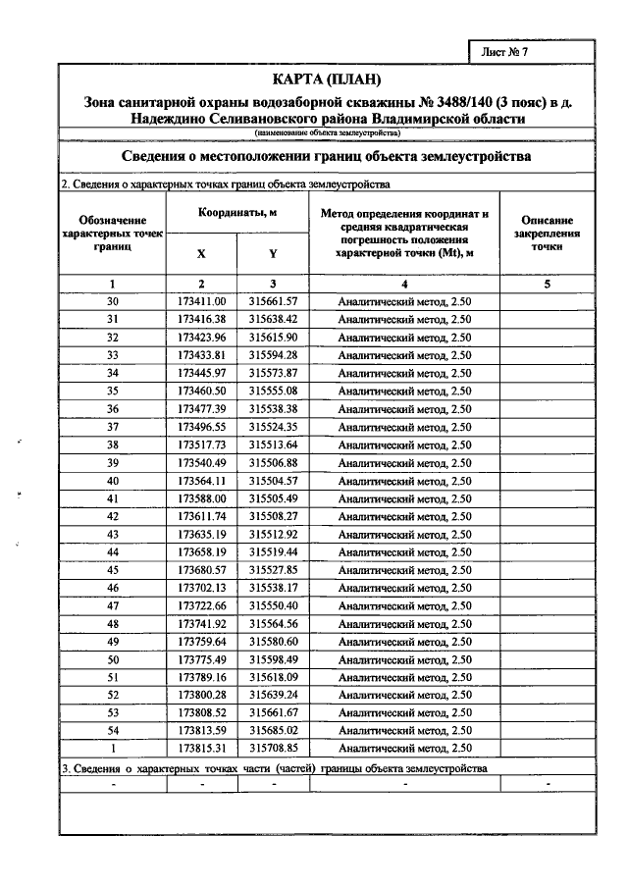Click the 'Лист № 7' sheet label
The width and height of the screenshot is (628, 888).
505,54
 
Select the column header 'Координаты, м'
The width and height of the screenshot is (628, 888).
237,212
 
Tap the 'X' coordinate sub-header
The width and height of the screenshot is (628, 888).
201,253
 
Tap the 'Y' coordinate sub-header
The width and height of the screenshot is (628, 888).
273,253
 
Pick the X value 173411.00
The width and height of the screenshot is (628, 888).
202,301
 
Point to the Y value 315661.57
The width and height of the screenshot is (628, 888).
273,301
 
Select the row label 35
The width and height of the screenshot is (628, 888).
113,391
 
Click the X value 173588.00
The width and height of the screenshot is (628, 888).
202,498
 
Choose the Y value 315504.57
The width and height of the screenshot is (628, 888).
273,481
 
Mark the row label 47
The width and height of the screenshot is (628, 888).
113,605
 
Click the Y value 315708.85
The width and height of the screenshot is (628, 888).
273,749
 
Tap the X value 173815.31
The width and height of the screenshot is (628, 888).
202,749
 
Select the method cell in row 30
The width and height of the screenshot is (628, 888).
404,301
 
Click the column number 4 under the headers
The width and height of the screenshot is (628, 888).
404,284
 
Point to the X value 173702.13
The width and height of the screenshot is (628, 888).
202,588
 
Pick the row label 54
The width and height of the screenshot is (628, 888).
113,731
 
